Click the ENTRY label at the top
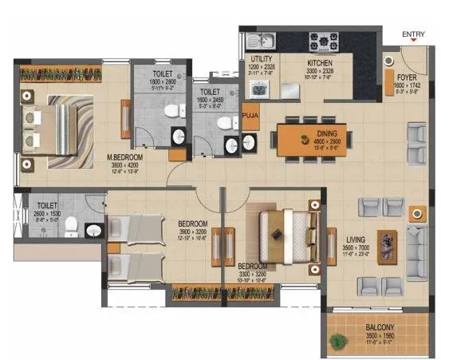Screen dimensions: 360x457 click(x=413, y=34)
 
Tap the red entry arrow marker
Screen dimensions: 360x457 click(x=412, y=42)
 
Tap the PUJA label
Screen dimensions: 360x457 click(x=250, y=117)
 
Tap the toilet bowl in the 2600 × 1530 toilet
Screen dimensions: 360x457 click(x=72, y=227)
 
